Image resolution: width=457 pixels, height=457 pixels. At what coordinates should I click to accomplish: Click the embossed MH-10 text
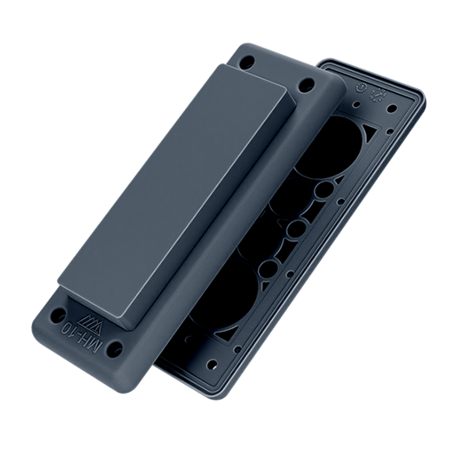tap(83, 337)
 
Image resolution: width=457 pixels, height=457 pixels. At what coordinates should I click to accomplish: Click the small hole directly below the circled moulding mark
tap(357, 103)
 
